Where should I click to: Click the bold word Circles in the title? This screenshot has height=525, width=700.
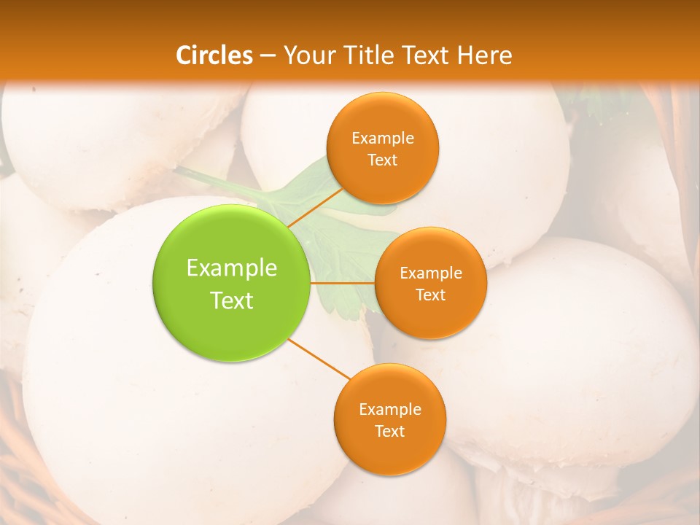(214, 55)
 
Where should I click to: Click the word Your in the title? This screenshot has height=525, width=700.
(306, 55)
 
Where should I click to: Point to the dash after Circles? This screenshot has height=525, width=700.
(267, 56)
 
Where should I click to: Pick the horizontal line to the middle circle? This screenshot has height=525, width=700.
(342, 282)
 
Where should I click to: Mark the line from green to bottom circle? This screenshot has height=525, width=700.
(319, 359)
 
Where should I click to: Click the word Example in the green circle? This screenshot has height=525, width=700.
(232, 268)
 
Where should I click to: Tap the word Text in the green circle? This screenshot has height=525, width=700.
(232, 300)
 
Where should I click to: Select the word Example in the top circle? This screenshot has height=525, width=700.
(383, 139)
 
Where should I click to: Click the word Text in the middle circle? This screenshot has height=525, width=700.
(430, 295)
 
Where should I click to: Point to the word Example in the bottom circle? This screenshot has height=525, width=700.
(390, 410)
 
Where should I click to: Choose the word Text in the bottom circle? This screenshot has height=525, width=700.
(390, 432)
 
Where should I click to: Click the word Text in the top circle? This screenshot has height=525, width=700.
(383, 160)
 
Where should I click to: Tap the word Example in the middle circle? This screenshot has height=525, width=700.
(431, 273)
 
